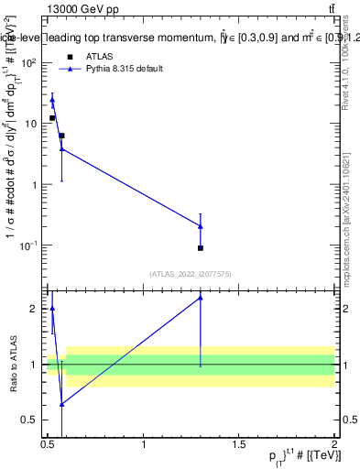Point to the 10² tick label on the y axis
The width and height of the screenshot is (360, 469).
click(30, 63)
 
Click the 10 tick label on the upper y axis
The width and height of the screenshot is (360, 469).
click(33, 123)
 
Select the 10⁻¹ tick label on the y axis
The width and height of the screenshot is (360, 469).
click(30, 245)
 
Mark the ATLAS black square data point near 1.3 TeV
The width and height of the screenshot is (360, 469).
click(201, 248)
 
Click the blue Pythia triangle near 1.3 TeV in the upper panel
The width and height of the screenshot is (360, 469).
click(201, 226)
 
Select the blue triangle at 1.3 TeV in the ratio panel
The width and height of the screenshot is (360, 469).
click(201, 298)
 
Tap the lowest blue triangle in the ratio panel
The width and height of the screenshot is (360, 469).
click(61, 404)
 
